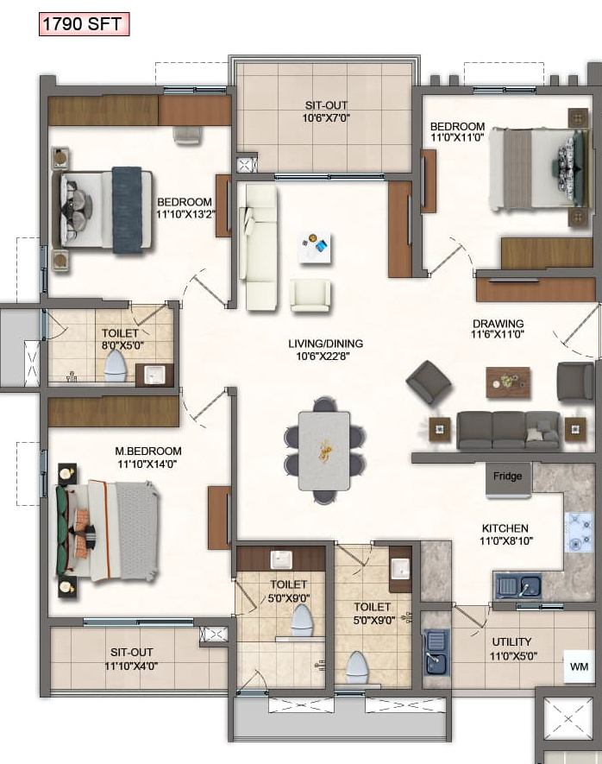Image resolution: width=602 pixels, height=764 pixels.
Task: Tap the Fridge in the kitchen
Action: point(508,480)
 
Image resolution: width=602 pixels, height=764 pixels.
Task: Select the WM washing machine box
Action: point(579,666)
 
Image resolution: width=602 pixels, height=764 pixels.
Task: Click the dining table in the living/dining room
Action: point(324,451)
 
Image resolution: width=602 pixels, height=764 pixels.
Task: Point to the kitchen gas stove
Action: point(579,532)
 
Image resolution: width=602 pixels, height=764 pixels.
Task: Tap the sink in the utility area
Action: point(436,652)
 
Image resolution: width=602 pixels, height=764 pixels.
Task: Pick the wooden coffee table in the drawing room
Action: point(508,382)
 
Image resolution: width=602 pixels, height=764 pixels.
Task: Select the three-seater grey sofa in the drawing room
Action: point(508,430)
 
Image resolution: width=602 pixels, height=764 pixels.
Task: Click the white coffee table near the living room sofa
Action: point(315,247)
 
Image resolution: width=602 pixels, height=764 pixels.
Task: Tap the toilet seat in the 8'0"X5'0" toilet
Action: point(116,366)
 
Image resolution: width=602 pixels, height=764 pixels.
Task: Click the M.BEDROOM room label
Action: point(148,451)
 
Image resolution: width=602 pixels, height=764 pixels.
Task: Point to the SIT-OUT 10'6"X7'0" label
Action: point(326,111)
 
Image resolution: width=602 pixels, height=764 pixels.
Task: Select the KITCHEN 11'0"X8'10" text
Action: point(506,534)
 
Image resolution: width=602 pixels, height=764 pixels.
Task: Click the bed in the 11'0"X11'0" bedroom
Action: point(540,169)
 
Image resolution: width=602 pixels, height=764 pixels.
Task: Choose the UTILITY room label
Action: point(511,641)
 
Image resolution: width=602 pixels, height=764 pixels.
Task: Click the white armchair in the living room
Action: point(310,295)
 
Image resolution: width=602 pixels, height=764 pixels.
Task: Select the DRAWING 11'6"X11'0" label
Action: point(498,329)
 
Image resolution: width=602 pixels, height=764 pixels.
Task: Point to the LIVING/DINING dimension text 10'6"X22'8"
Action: point(323,357)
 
